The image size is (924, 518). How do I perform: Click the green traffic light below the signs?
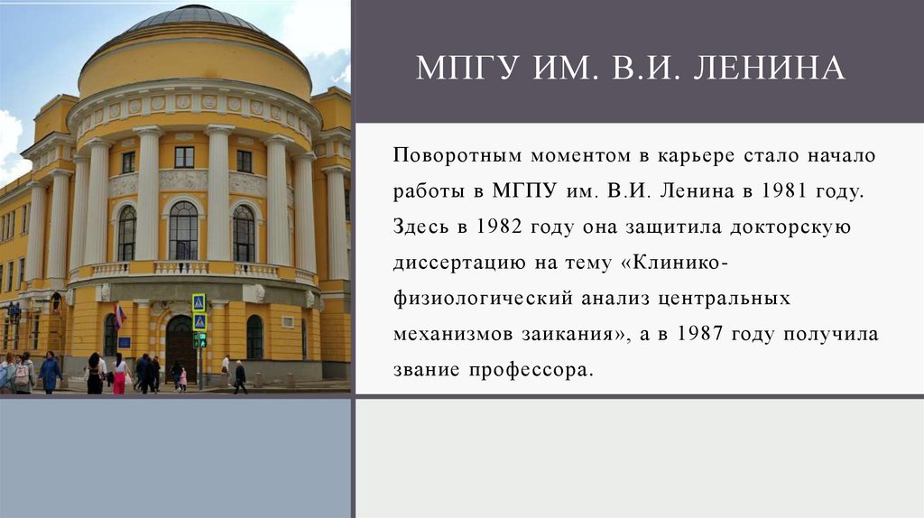click(199, 340)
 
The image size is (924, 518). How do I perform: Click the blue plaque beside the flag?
click(125, 342)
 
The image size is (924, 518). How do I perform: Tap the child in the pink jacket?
click(182, 378)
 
